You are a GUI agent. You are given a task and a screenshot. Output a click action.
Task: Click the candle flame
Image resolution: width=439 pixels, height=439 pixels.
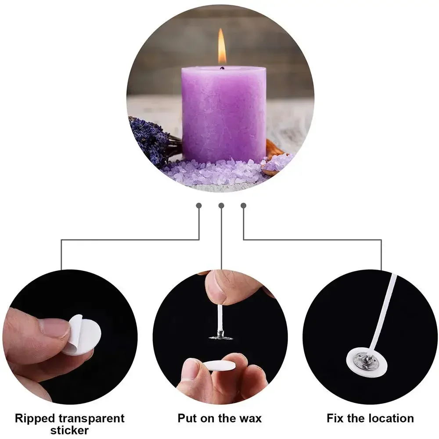click(222, 47)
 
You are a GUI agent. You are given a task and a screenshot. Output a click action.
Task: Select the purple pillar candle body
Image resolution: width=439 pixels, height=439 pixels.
click(223, 114)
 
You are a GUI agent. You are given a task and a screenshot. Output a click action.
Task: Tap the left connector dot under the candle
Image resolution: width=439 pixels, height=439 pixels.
click(199, 205)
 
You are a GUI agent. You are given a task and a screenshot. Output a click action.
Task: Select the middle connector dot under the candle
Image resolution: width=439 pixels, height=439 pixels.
click(221, 205)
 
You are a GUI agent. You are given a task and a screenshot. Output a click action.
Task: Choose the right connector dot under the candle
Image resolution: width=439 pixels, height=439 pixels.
click(244, 205)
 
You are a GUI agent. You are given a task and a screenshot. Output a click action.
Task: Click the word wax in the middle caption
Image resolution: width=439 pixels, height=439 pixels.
click(251, 418)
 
